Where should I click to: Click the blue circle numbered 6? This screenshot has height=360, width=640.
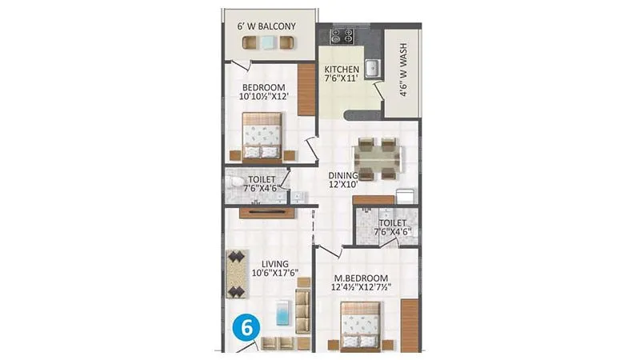click(248, 328)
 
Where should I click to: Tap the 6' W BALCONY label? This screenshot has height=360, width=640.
click(266, 26)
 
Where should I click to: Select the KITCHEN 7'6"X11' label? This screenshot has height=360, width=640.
click(342, 74)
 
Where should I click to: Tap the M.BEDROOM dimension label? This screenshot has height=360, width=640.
click(361, 282)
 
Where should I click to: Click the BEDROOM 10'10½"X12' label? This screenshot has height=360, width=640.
click(263, 91)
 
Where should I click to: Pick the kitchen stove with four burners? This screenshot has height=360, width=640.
click(343, 36)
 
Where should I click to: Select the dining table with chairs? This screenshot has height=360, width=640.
click(377, 158)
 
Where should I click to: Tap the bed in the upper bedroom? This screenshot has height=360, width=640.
click(263, 136)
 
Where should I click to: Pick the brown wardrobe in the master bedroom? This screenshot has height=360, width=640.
click(409, 325)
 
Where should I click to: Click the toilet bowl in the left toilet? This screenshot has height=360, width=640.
click(233, 185)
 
